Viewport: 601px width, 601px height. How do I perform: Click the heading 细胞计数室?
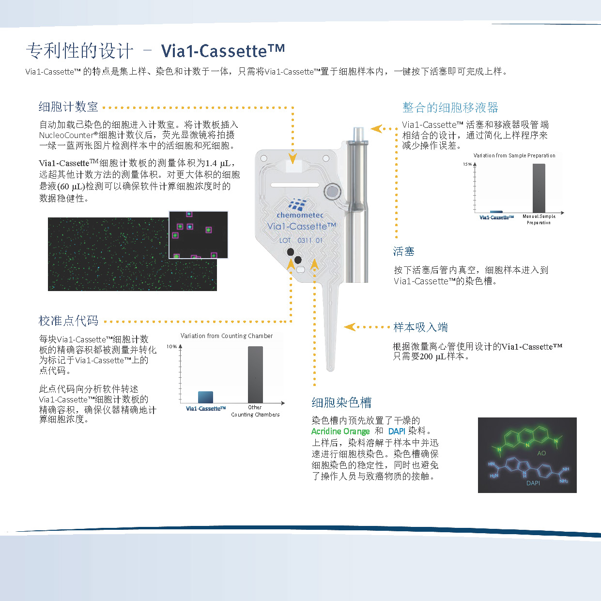(68, 107)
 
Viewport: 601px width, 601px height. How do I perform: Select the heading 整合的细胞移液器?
(450, 108)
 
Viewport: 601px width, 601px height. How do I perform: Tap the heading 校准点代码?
(68, 321)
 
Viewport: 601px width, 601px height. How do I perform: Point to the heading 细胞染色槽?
(341, 402)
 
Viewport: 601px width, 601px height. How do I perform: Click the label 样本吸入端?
(420, 327)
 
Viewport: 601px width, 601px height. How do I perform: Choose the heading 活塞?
(403, 251)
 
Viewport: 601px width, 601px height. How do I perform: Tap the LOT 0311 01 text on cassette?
(300, 240)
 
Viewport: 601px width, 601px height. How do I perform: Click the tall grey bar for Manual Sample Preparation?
(539, 188)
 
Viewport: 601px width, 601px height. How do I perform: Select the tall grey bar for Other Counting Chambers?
(255, 374)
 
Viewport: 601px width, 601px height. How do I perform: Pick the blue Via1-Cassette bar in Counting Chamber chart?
(205, 397)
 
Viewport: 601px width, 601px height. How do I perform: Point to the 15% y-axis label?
(467, 164)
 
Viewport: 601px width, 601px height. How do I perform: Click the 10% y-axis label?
(171, 347)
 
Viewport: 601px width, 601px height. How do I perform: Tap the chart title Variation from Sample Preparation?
(514, 155)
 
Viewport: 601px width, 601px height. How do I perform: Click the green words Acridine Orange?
(340, 431)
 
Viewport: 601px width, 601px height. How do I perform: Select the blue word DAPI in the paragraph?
(396, 431)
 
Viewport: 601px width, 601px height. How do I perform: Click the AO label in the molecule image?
(541, 453)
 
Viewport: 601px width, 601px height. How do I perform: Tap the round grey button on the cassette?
(332, 192)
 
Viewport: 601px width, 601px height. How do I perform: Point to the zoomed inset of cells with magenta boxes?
(198, 235)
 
